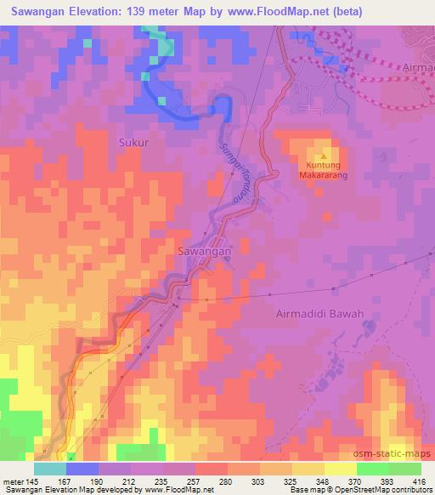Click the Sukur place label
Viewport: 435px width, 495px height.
(133, 143)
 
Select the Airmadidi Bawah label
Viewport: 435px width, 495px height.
(320, 314)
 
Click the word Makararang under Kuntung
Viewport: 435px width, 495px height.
(323, 175)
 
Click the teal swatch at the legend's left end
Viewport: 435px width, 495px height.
(49, 469)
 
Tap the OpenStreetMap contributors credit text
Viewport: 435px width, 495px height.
(375, 490)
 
